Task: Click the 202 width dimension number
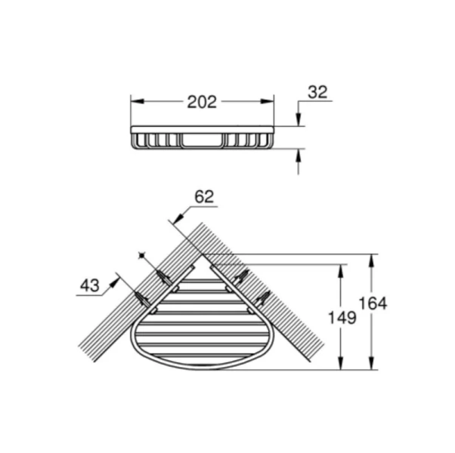[x=202, y=101]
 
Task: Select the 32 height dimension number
[x=318, y=93]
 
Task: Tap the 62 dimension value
[x=204, y=197]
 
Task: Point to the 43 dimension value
[x=89, y=285]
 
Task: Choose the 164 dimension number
[x=373, y=303]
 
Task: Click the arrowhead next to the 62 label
[x=175, y=218]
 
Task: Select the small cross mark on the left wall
[x=141, y=256]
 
